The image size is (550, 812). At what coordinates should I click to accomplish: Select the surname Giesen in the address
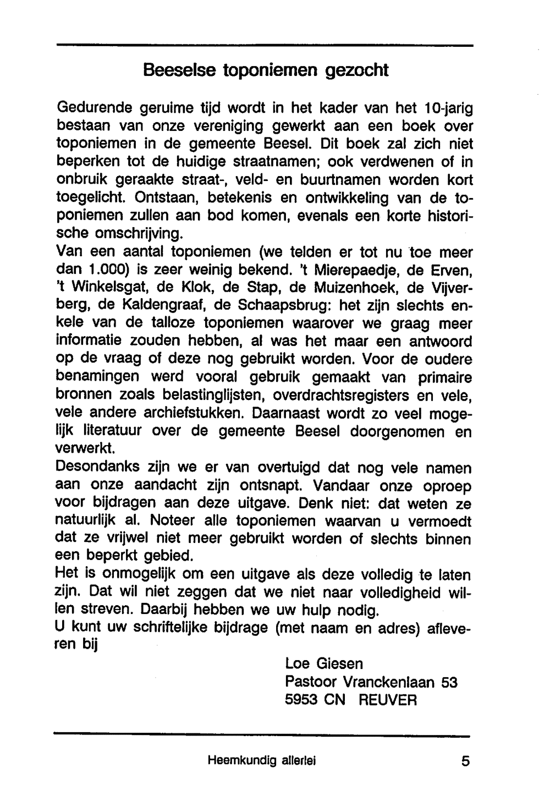click(x=339, y=664)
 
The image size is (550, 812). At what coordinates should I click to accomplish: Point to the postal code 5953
click(x=301, y=700)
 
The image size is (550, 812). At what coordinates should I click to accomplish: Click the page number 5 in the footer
click(x=466, y=761)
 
